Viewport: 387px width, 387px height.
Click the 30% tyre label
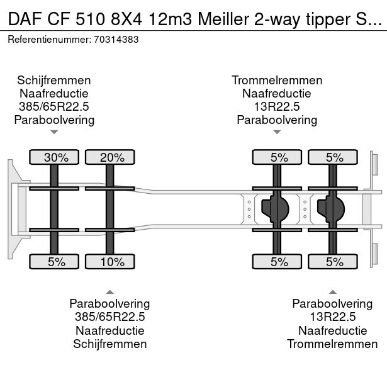(x=55, y=157)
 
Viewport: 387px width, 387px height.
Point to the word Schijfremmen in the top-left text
(x=54, y=81)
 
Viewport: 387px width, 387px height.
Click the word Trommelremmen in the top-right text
(x=277, y=81)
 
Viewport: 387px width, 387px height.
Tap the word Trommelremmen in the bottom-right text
(x=332, y=344)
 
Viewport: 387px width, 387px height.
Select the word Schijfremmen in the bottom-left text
(x=110, y=344)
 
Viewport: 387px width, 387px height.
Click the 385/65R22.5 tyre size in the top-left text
(x=54, y=107)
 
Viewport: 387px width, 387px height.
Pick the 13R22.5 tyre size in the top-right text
(x=277, y=107)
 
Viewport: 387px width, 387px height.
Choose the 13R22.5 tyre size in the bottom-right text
(x=332, y=317)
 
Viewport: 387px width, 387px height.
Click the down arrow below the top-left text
(x=54, y=132)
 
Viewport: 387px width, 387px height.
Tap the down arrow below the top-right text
(x=277, y=132)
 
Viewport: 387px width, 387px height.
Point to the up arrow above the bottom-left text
(x=110, y=291)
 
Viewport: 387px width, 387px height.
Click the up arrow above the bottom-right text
(x=332, y=291)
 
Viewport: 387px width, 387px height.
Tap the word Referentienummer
(x=48, y=39)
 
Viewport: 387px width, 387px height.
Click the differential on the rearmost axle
(x=332, y=209)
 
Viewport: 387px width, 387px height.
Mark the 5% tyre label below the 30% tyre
(x=55, y=262)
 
